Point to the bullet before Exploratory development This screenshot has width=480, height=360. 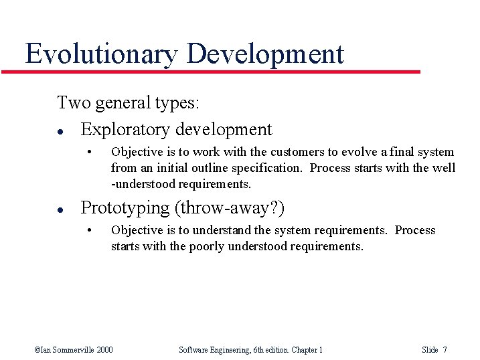point(61,130)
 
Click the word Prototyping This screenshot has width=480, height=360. point(125,208)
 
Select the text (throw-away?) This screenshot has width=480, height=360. point(230,208)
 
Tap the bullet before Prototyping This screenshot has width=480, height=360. point(61,209)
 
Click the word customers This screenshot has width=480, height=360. point(293,152)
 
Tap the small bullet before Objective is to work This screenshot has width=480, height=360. point(89,151)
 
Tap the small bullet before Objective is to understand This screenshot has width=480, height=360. point(89,230)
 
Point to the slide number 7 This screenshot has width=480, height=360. point(445,349)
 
